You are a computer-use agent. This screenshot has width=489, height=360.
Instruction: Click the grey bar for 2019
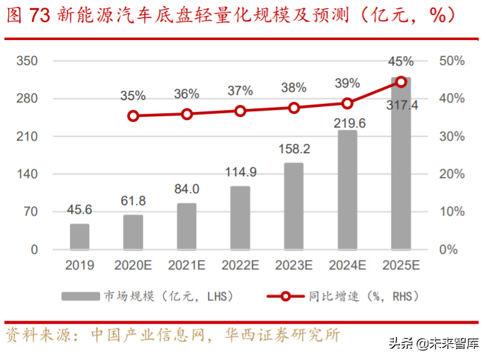tap(79, 236)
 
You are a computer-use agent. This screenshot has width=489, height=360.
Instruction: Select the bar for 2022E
tap(240, 217)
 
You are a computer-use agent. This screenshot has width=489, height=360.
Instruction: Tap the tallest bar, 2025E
tap(401, 164)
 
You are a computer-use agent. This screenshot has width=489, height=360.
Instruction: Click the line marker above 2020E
tap(133, 116)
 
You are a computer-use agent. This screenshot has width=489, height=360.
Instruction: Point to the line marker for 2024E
tap(347, 103)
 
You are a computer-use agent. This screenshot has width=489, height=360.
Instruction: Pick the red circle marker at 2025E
tap(401, 81)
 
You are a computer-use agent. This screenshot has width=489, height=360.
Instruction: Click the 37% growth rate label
tap(240, 91)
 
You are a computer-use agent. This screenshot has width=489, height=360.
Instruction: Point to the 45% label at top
tap(401, 61)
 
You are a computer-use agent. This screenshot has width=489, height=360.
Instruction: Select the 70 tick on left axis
tap(31, 212)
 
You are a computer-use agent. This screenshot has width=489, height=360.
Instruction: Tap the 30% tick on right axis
tap(452, 137)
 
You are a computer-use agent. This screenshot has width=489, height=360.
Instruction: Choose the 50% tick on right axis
tap(452, 61)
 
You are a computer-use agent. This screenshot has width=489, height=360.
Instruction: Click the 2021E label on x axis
tap(187, 266)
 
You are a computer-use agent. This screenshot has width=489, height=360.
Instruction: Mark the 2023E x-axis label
tap(294, 266)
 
